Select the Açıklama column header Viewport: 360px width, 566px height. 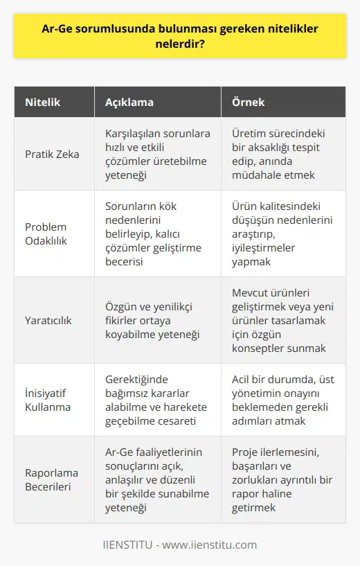pos(130,103)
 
